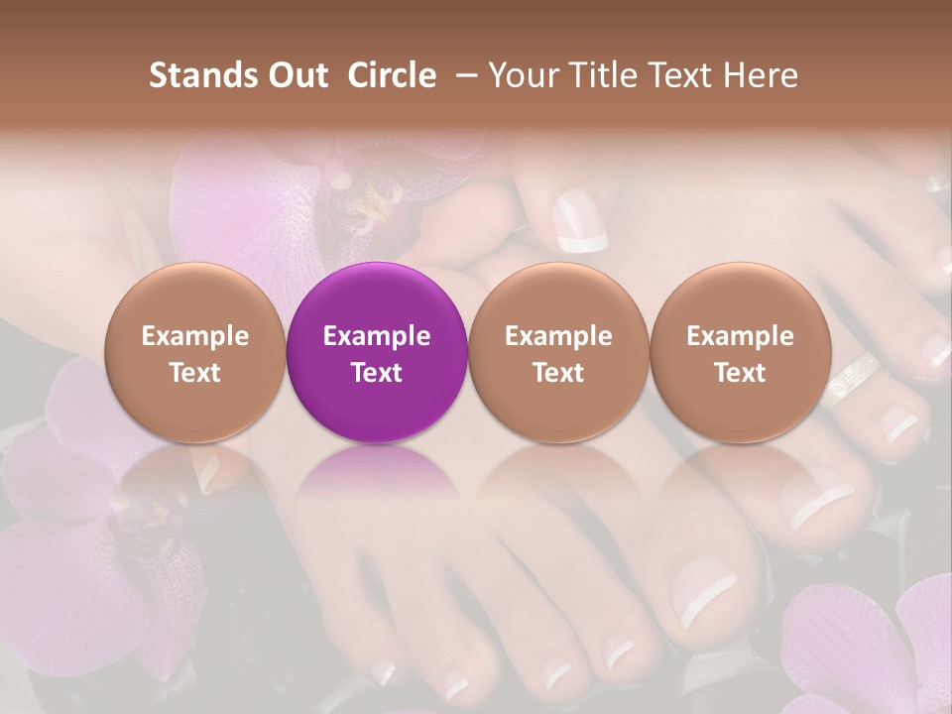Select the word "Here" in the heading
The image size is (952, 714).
762,75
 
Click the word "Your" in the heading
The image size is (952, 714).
522,75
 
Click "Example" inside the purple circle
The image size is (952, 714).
377,336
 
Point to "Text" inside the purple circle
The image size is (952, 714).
377,373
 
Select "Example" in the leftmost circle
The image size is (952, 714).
195,336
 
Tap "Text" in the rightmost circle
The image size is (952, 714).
740,373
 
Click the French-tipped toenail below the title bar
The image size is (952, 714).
578,223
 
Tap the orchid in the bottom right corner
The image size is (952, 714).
873,645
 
